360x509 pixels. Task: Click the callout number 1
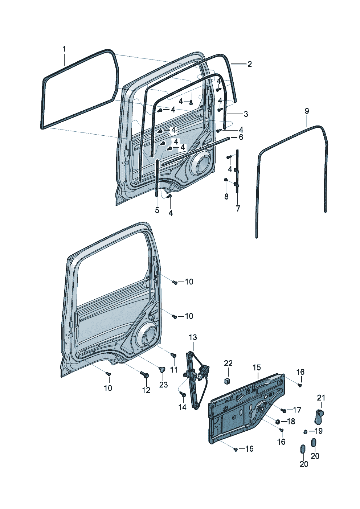(x=64, y=49)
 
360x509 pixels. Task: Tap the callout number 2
(x=249, y=64)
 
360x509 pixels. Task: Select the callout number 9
(x=307, y=111)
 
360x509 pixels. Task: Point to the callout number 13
(x=193, y=337)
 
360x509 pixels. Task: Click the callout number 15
(x=257, y=368)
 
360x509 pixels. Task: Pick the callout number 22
(x=228, y=363)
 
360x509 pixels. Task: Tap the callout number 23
(x=164, y=384)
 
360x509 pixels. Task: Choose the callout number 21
(x=321, y=398)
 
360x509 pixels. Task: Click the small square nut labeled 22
(x=228, y=381)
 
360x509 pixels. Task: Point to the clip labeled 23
(x=161, y=370)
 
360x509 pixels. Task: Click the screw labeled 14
(x=183, y=394)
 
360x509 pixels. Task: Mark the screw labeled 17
(x=283, y=410)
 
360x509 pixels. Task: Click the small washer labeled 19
(x=306, y=432)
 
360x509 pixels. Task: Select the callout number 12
(x=146, y=390)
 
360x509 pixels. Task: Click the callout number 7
(x=238, y=209)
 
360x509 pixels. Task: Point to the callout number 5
(x=157, y=210)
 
